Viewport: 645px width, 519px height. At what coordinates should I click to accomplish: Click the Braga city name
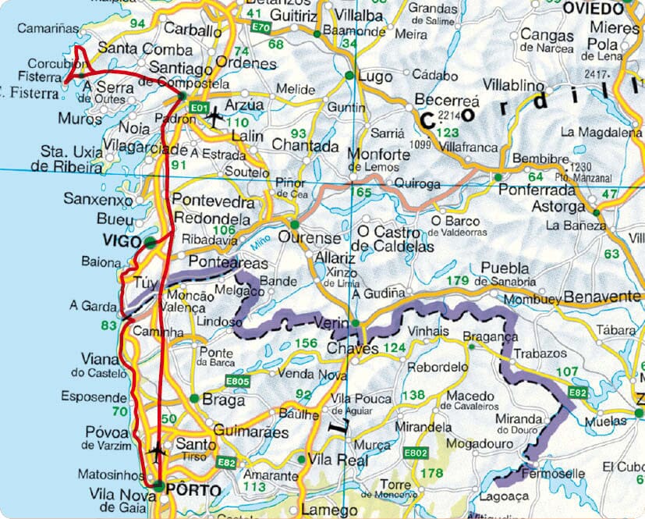(x=223, y=400)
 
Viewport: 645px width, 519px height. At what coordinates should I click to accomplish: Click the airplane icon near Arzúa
(x=214, y=116)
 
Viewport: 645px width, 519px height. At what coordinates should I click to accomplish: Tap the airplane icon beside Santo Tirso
(x=157, y=451)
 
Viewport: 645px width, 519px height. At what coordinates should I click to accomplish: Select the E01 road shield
(x=200, y=107)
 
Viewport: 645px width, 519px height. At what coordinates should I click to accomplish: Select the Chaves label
(x=353, y=349)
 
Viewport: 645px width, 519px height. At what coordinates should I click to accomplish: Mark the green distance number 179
(x=456, y=281)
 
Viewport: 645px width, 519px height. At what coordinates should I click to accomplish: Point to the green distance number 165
(x=362, y=190)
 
